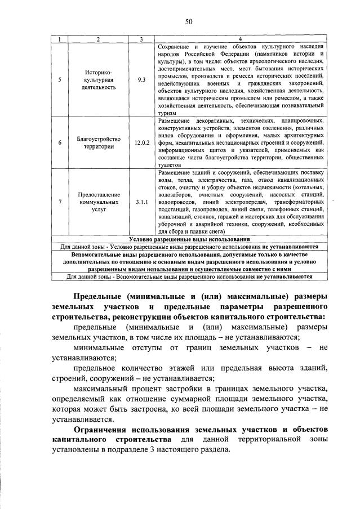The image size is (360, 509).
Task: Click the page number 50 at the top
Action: point(189,22)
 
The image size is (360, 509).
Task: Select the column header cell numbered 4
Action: point(241,38)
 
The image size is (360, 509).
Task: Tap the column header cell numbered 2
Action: point(97,38)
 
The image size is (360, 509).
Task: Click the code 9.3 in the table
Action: point(141,79)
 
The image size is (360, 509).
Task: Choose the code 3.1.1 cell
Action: point(141,200)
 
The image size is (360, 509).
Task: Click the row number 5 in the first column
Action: point(60,79)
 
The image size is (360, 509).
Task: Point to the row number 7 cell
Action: point(60,200)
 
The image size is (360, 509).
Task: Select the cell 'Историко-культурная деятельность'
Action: point(97,79)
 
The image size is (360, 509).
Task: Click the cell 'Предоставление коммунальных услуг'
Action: point(97,200)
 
